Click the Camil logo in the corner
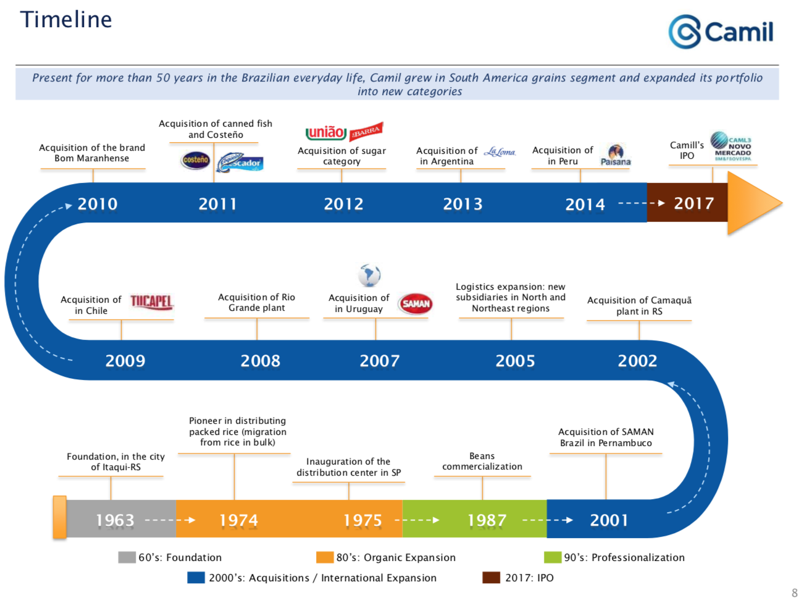point(721,32)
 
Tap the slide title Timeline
point(66,20)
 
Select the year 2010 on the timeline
point(98,204)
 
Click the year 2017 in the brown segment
point(693,203)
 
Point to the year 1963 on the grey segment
point(115,520)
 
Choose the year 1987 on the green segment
point(487,520)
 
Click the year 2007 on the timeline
point(380,361)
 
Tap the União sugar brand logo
point(326,132)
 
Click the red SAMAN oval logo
point(416,303)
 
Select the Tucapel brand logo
point(151,301)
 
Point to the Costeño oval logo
point(196,160)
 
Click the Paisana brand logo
point(616,155)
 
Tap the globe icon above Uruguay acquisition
point(369,275)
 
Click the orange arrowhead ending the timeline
point(753,203)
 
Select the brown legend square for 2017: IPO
point(491,578)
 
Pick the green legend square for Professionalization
point(552,557)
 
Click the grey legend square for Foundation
point(127,557)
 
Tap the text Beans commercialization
point(482,461)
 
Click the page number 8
point(794,592)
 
